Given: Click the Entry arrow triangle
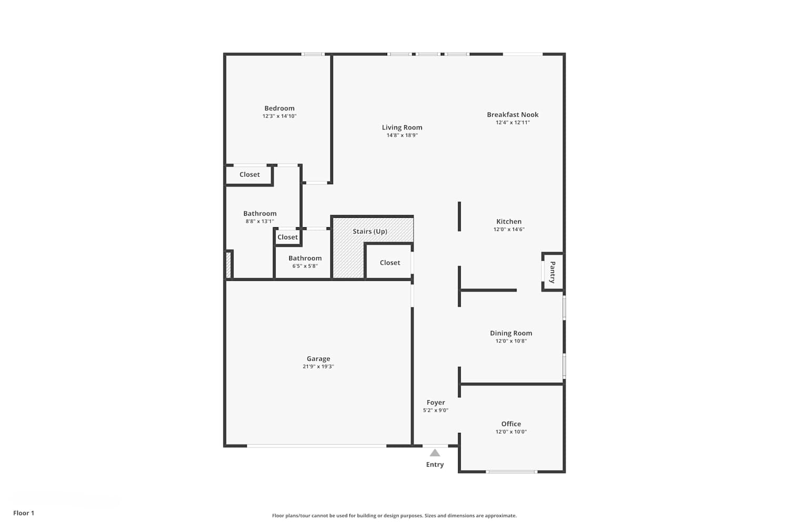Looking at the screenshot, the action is pos(434,453).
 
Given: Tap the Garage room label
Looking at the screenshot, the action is pos(318,359).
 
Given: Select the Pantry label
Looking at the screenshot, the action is pos(552,272).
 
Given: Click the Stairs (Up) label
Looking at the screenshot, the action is pos(370,231).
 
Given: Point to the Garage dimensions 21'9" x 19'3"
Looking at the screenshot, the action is pos(318,367).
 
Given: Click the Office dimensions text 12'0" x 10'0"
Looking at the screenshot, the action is pos(511,431).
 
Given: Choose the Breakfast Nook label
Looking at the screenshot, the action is pos(512,115).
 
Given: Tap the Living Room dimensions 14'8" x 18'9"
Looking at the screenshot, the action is pos(402,135).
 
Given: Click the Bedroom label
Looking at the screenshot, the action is pos(279,108).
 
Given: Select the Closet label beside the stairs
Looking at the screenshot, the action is pos(390,262).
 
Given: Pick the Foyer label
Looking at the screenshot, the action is pos(436,402).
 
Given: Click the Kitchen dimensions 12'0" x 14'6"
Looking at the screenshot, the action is pos(509,229).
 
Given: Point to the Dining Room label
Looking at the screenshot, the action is pos(511,333).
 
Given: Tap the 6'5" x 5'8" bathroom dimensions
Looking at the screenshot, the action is pos(305,266).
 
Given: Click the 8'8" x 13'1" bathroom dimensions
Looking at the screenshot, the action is pos(260,221).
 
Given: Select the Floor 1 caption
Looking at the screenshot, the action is pos(24,513).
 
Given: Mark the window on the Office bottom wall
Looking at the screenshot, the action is pos(512,472).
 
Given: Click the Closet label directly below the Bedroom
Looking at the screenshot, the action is pos(250,175).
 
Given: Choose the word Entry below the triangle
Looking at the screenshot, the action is pos(435,464).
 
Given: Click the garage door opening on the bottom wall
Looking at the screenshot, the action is pos(317,446).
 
